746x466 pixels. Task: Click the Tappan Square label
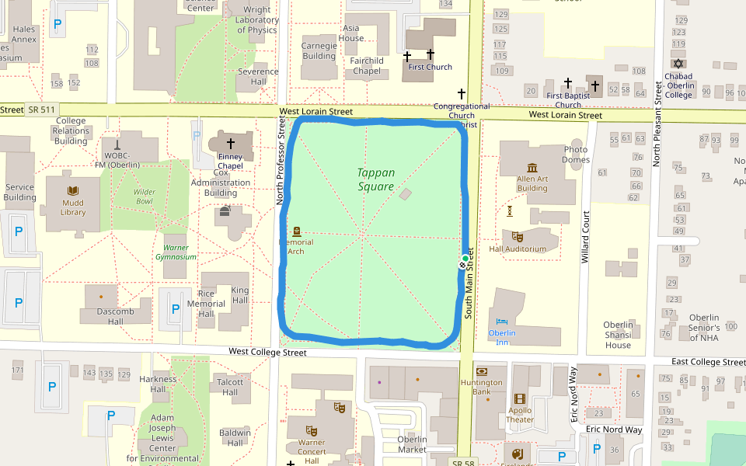click(376, 179)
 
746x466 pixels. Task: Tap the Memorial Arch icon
click(296, 231)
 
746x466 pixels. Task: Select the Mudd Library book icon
click(73, 191)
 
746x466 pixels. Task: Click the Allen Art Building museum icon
click(532, 169)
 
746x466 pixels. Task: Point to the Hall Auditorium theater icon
click(518, 236)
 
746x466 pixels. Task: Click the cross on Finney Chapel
click(230, 144)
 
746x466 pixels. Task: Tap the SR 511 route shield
click(40, 110)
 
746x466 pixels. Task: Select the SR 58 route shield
click(465, 462)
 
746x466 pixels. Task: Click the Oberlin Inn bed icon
click(502, 321)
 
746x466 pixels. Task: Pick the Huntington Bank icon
click(482, 371)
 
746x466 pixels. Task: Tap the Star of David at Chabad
click(678, 64)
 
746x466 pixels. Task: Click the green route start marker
click(465, 258)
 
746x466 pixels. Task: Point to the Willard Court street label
click(585, 236)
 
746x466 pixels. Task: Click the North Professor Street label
click(281, 162)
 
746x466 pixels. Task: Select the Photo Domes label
click(576, 155)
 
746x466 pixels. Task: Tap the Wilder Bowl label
click(144, 196)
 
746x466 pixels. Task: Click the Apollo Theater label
click(520, 415)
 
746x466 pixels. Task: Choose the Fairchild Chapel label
click(367, 66)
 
